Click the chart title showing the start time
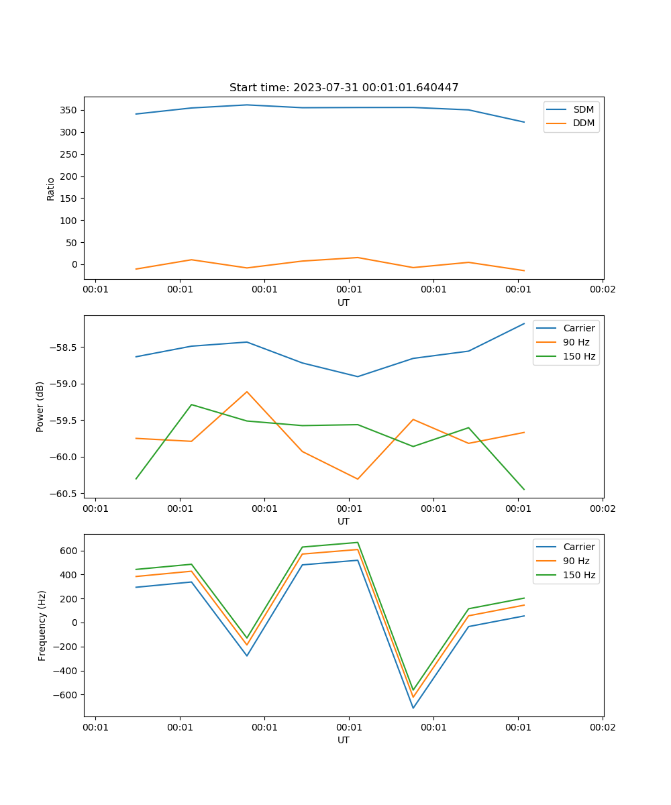344,88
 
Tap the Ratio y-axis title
51,189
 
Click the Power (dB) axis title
40,407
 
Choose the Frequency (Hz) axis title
42,625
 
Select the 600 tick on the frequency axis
69,551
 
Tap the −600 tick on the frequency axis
66,695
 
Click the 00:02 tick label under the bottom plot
603,727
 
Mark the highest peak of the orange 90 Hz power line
247,392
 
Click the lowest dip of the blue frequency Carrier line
413,708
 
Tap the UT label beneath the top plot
344,303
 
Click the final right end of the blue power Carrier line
524,323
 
